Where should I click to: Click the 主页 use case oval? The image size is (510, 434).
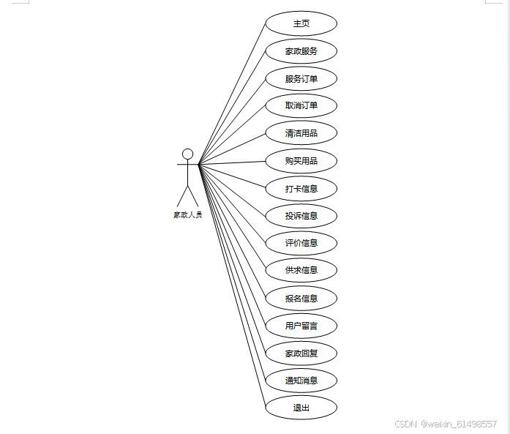(x=301, y=23)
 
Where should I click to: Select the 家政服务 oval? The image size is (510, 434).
(x=301, y=51)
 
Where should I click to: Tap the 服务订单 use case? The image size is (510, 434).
(x=301, y=78)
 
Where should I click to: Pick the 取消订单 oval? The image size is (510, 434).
(x=301, y=105)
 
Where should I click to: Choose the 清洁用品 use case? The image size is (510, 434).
(x=301, y=133)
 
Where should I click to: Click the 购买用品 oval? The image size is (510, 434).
(x=301, y=160)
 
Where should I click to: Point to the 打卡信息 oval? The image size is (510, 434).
(x=301, y=188)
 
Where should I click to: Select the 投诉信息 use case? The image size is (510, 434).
(x=301, y=216)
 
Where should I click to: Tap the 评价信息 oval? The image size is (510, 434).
(x=301, y=243)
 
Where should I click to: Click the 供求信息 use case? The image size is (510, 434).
(x=301, y=270)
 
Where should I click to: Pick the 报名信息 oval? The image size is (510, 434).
(x=301, y=298)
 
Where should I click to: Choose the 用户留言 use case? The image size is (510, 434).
(x=301, y=325)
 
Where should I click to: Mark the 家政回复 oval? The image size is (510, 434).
(x=301, y=353)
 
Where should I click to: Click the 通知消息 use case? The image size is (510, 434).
(x=301, y=381)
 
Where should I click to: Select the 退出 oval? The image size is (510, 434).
(x=301, y=408)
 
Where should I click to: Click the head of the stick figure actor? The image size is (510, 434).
(x=187, y=154)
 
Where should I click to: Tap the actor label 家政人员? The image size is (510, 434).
(x=187, y=215)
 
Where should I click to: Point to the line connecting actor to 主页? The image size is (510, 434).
(x=232, y=94)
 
